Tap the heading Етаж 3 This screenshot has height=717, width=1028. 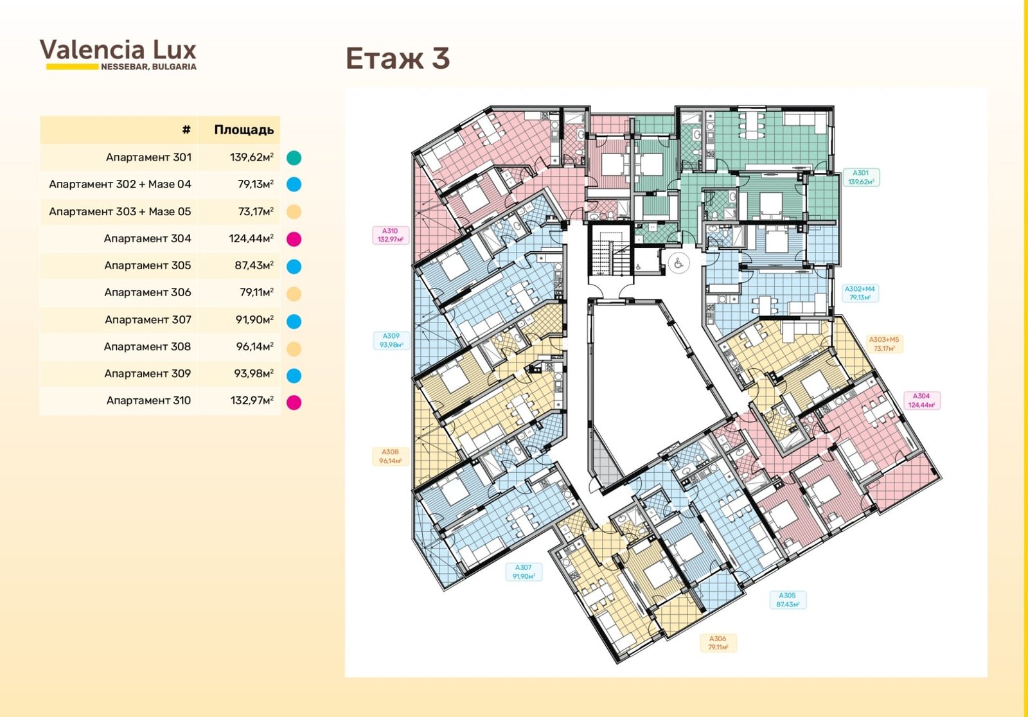pos(398,58)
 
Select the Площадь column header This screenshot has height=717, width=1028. pos(244,130)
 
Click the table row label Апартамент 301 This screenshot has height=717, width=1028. pos(148,157)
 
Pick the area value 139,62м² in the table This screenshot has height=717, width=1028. pos(251,157)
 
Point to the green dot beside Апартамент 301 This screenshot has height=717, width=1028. pos(294,158)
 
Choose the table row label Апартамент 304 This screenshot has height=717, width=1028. pos(147,239)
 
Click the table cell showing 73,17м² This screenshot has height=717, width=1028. pos(256,211)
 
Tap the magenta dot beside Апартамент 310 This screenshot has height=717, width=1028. pos(294,403)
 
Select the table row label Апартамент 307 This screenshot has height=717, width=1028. pos(148,319)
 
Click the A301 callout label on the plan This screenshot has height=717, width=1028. pos(861,177)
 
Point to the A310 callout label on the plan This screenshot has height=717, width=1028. pos(390,235)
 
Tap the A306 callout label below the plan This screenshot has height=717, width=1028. pos(718,642)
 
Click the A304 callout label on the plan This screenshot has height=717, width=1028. pos(921,400)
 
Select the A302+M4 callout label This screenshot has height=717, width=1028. pos(860,293)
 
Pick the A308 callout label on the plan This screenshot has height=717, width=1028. pos(390,456)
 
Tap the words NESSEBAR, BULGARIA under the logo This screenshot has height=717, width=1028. pos(148,67)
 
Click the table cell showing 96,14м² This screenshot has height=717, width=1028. pos(254,346)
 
